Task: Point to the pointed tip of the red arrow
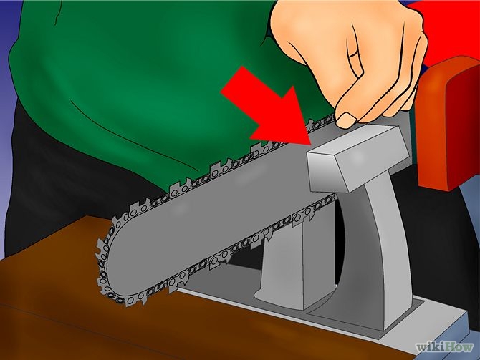tap(310, 145)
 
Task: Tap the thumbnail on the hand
tap(346, 119)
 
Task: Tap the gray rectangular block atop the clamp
tap(355, 159)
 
